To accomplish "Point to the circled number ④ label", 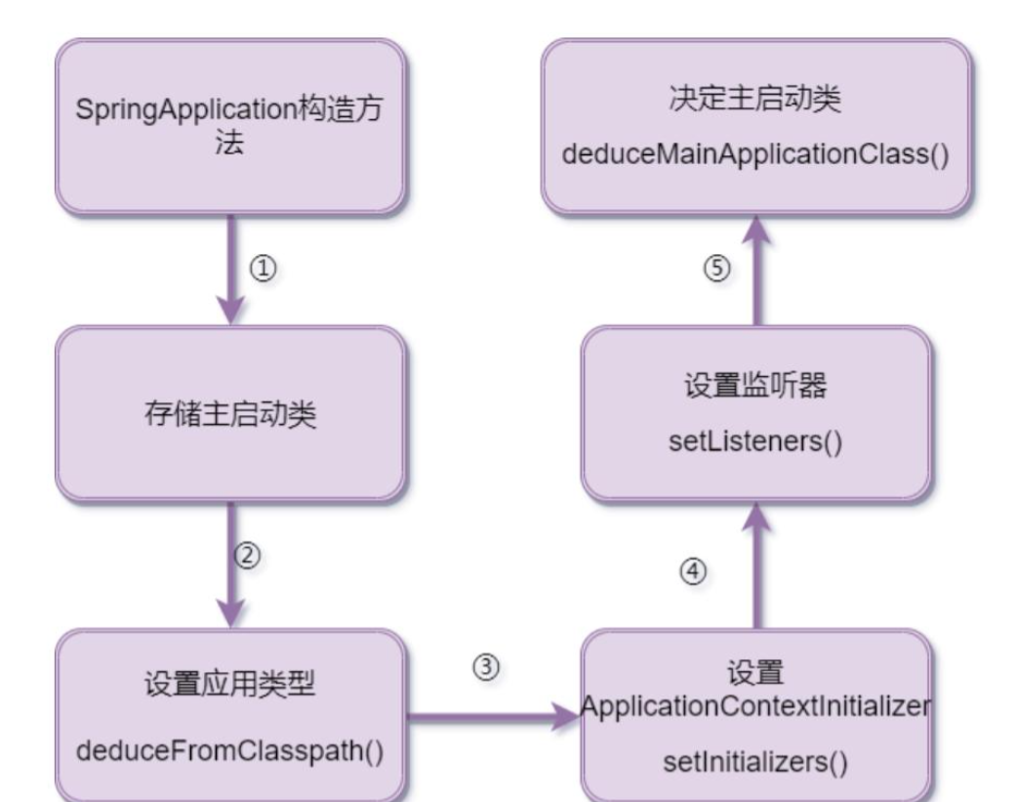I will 690,569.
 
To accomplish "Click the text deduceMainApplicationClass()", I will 756,155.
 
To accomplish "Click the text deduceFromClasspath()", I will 230,753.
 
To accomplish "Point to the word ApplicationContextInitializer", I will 755,705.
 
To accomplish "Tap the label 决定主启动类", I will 756,102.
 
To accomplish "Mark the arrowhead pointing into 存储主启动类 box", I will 230,311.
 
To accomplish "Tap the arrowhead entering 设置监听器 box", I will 756,520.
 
